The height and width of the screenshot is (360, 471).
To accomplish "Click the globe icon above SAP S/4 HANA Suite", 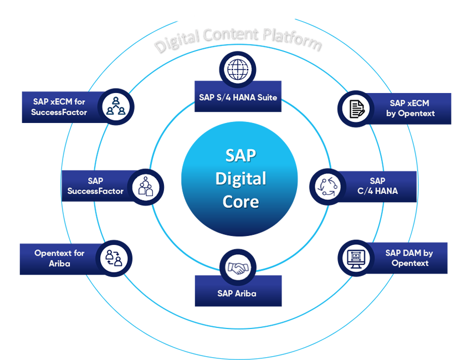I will coord(238,71).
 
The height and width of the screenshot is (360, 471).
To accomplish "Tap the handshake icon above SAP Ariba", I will coord(238,268).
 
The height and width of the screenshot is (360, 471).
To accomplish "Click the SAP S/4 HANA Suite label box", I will coord(238,97).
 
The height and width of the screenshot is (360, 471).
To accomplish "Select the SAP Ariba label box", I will coord(237,293).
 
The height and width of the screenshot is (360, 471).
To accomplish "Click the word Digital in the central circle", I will coord(240,178).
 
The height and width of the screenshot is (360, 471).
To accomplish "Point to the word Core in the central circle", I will coord(240,201).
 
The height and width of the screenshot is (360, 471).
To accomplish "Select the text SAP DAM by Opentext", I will coord(409,258).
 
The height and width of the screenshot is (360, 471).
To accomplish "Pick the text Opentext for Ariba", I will coord(59,258).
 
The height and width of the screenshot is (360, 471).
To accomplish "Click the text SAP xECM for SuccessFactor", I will coord(59,106).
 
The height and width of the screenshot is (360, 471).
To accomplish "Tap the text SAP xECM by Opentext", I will coord(411,108).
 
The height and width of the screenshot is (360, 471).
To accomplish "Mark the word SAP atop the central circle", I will coord(240,156).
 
